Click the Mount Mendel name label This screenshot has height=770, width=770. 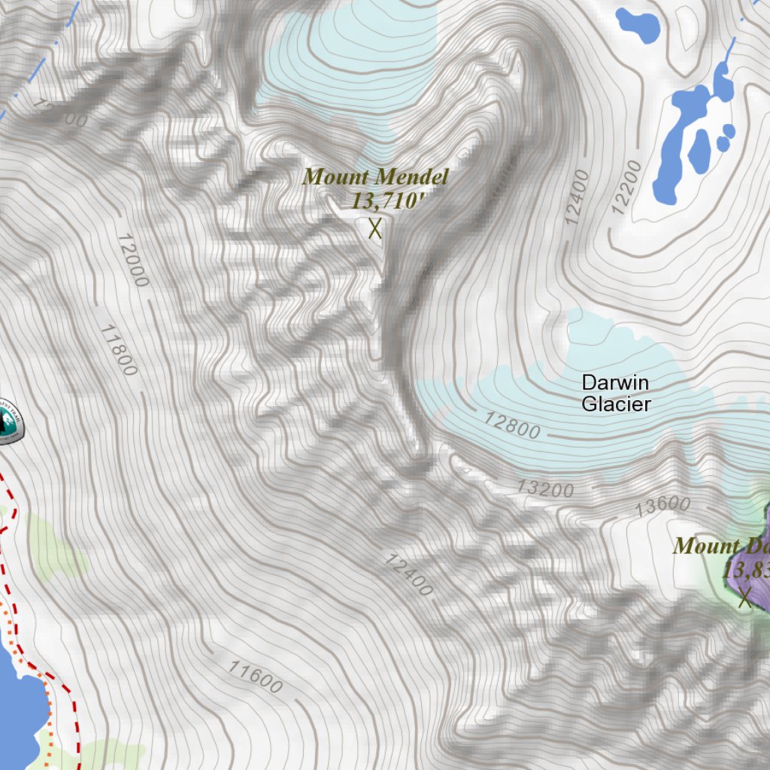click(375, 177)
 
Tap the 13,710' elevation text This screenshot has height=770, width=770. click(383, 200)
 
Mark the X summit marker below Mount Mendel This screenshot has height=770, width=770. click(374, 228)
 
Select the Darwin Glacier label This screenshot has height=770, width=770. click(615, 393)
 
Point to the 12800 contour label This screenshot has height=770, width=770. click(512, 425)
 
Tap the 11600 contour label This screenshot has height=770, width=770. click(256, 676)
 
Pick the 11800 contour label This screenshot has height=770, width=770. click(119, 350)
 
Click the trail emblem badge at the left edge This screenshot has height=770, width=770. click(9, 421)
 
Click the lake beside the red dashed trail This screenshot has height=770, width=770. click(15, 714)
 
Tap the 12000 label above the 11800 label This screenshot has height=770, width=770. click(132, 260)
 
